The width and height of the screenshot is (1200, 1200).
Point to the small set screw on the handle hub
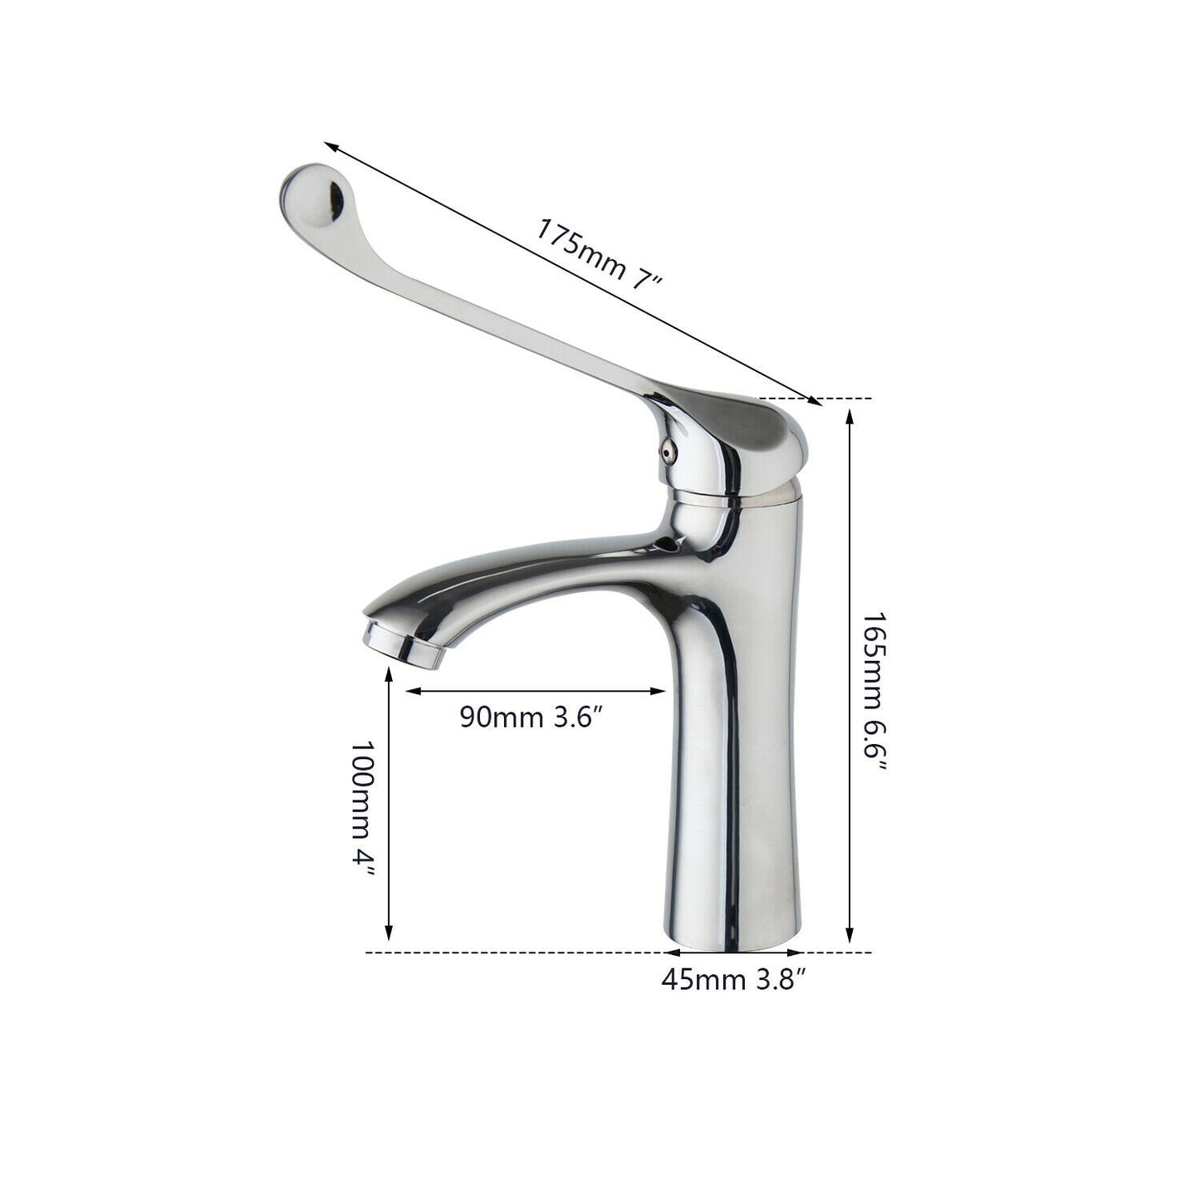click(x=667, y=450)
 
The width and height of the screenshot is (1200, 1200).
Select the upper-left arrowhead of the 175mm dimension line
click(x=331, y=147)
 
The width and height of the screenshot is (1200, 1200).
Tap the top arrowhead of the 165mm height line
click(x=849, y=414)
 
